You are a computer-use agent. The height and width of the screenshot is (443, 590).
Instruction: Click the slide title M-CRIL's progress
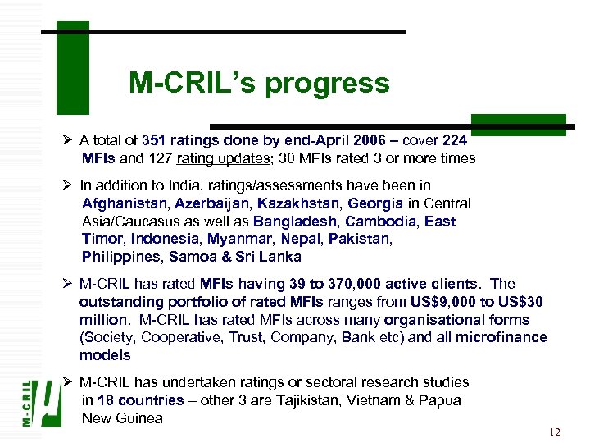[259, 83]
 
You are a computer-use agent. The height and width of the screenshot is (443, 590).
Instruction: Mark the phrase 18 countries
[140, 400]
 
